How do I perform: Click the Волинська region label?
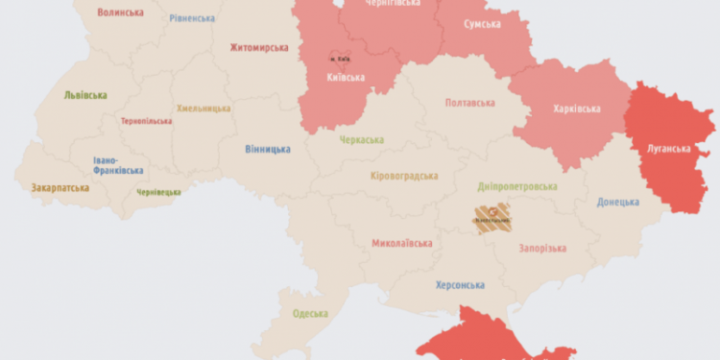[120, 12]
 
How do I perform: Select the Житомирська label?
[259, 47]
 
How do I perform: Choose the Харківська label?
[577, 108]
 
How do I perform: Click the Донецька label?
[617, 202]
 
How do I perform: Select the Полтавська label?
[469, 102]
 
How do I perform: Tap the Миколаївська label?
[400, 243]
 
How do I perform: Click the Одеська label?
[309, 314]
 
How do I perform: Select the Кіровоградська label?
[404, 176]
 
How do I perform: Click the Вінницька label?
[267, 149]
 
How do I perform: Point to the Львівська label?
[85, 95]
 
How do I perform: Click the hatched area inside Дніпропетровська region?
[492, 220]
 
